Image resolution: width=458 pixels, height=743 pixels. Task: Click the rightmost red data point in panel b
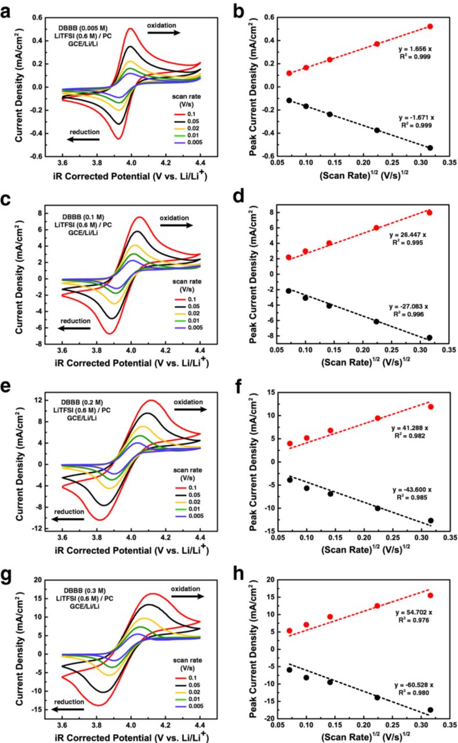pyautogui.click(x=430, y=27)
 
